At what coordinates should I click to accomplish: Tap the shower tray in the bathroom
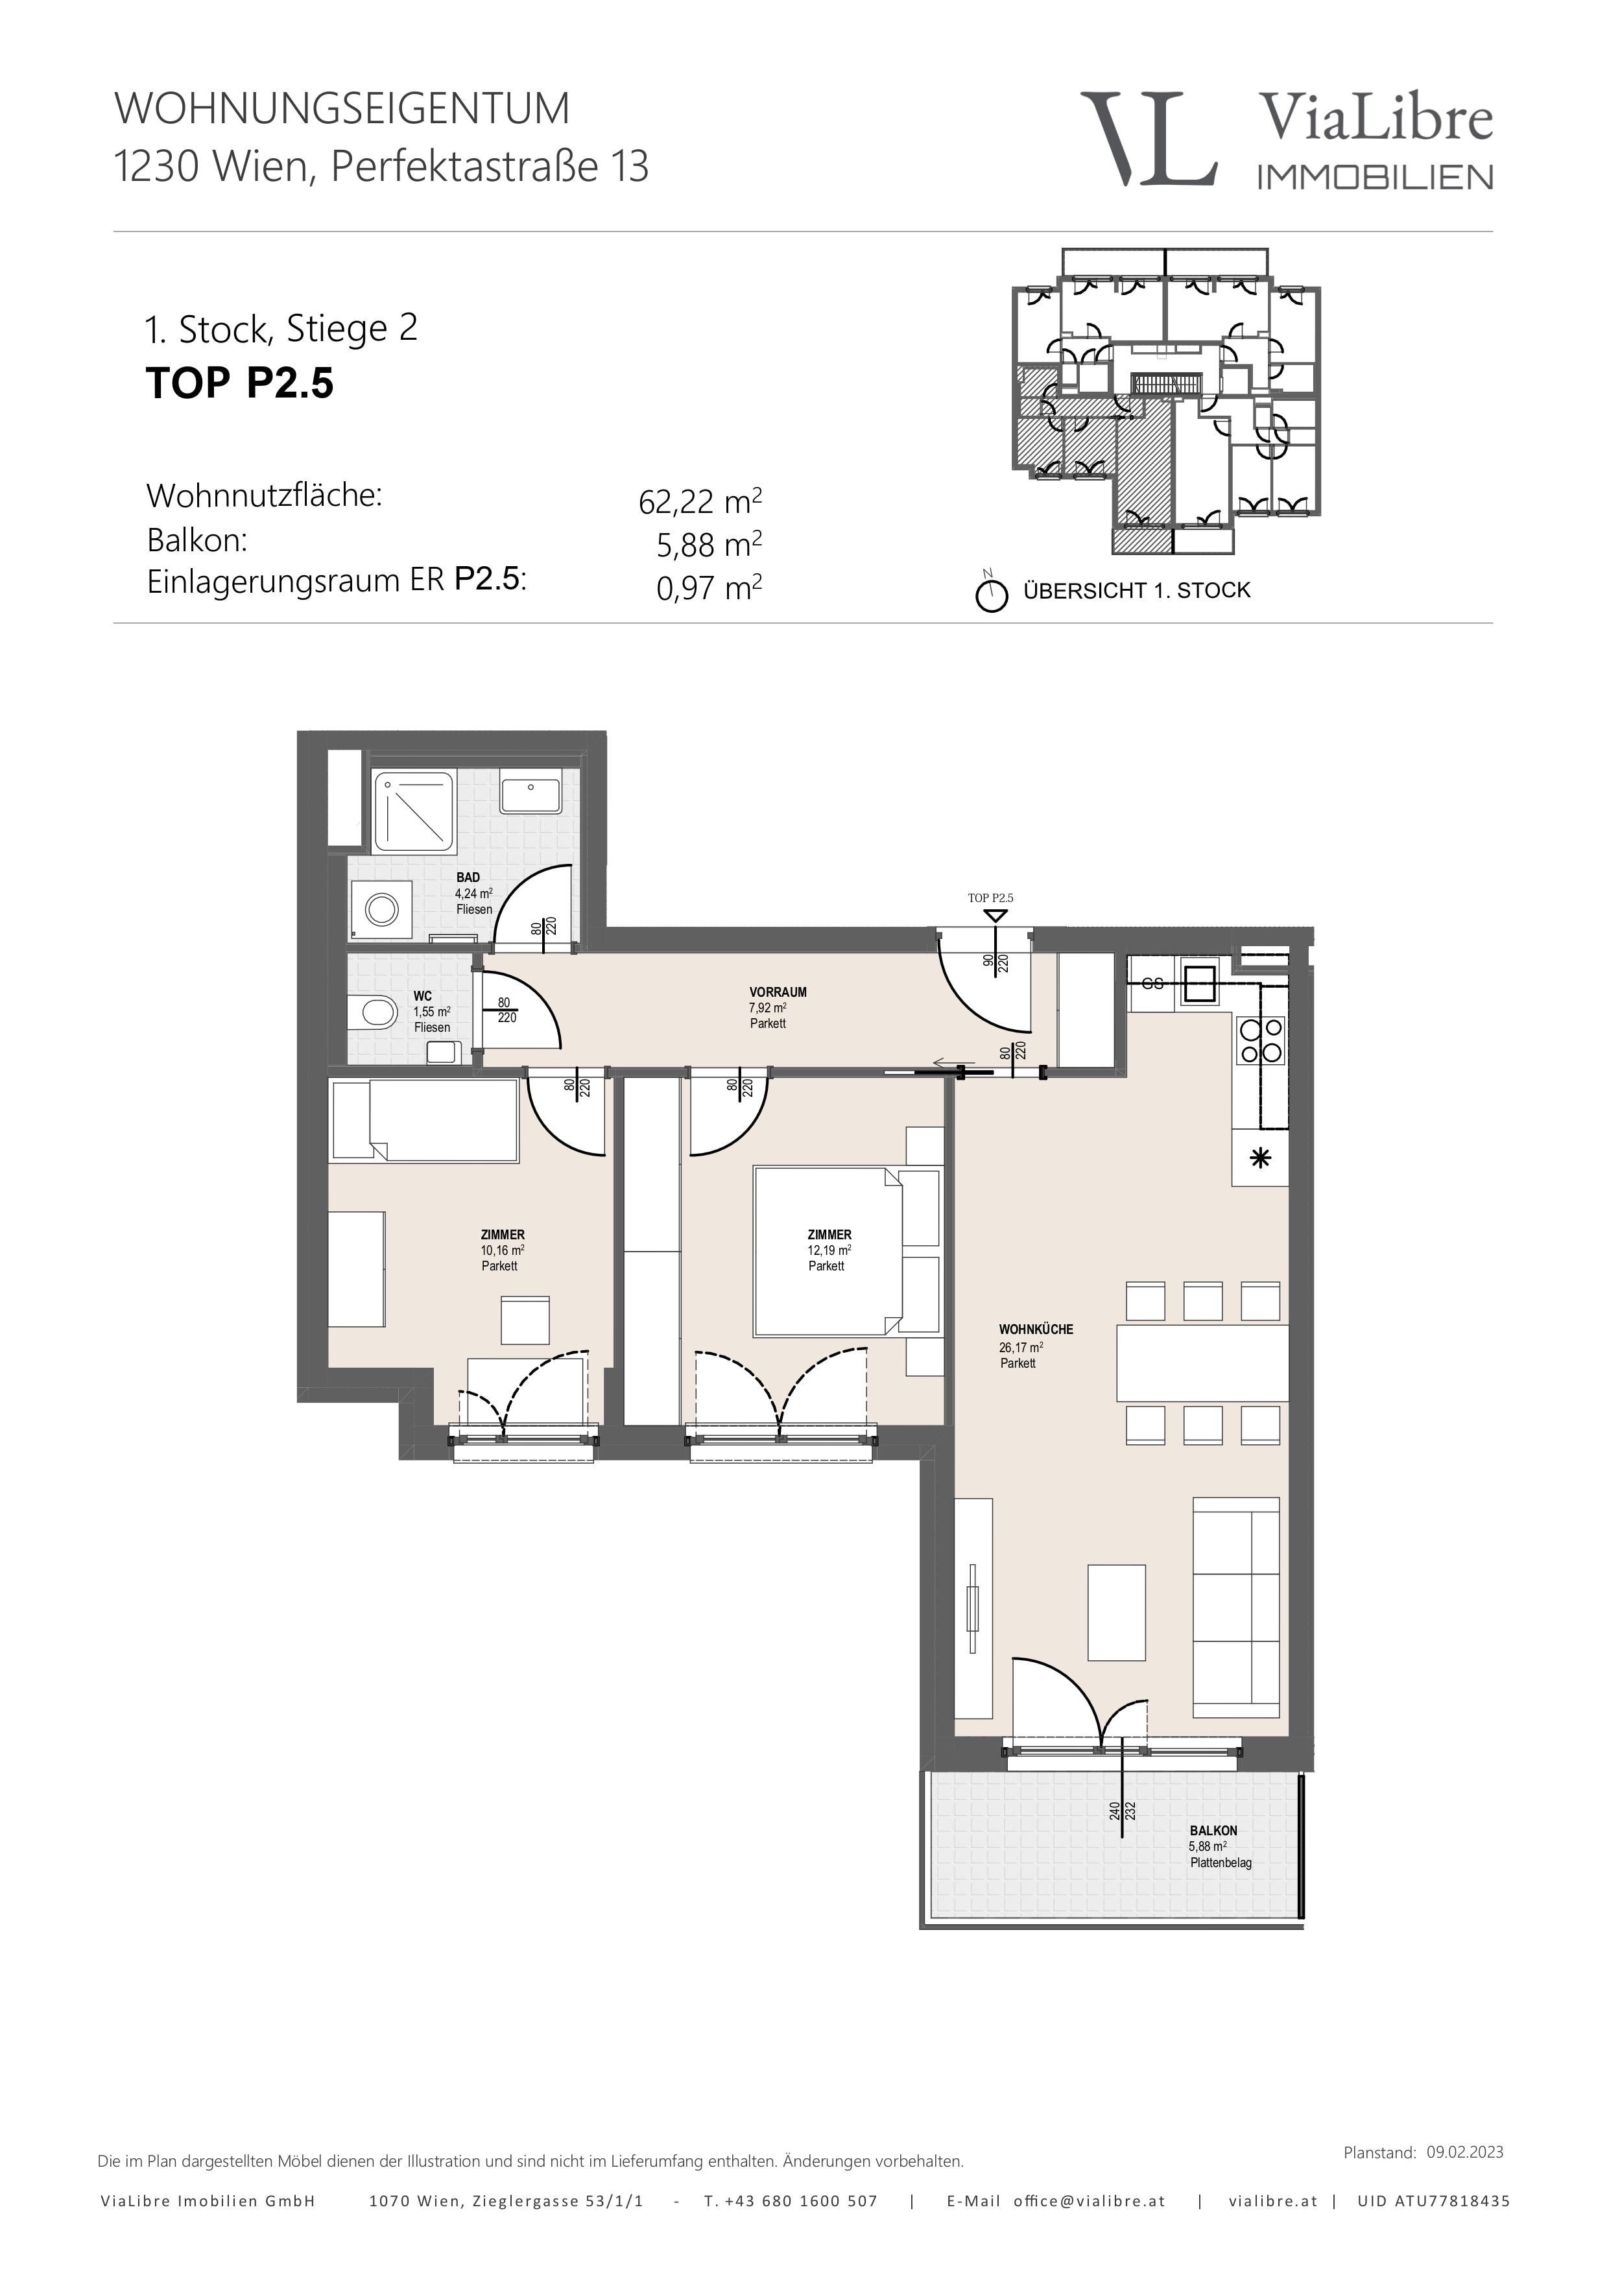tap(414, 811)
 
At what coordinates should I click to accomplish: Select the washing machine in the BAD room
tap(381, 908)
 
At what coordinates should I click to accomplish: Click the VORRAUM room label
tap(778, 992)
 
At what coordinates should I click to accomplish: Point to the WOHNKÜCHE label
tap(1035, 1329)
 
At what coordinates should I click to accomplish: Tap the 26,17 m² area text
tap(1021, 1346)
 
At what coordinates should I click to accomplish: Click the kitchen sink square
tap(1199, 983)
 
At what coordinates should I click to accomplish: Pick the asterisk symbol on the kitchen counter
tap(1260, 1158)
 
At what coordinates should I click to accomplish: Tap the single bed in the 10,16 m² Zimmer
tap(425, 1119)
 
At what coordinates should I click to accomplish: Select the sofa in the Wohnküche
tap(1237, 1607)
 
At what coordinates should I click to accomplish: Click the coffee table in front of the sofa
tap(1117, 1612)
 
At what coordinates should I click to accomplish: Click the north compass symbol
tap(991, 593)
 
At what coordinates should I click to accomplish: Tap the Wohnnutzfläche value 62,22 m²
tap(700, 501)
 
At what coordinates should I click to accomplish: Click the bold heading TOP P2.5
tap(240, 383)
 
